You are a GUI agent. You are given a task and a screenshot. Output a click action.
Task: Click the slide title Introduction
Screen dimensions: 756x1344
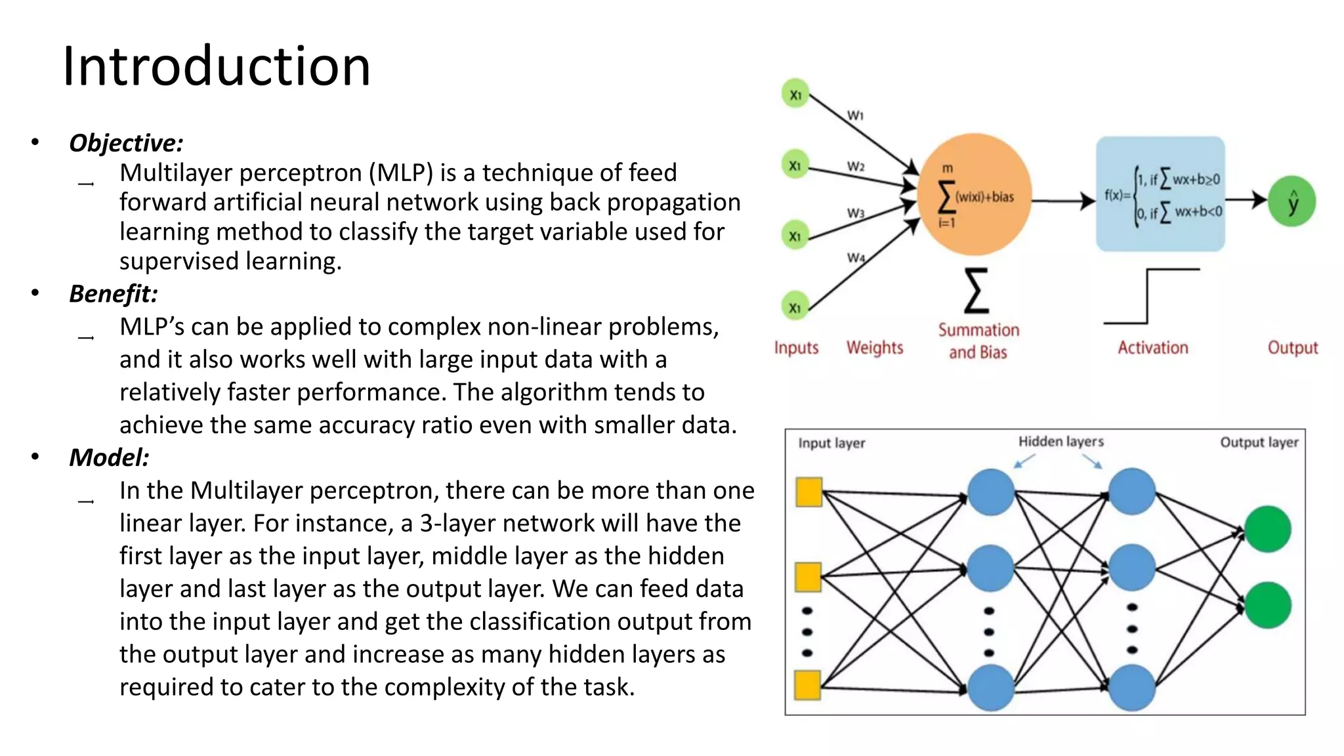(x=217, y=66)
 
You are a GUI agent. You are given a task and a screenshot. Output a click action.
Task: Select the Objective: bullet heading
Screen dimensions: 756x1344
(x=126, y=143)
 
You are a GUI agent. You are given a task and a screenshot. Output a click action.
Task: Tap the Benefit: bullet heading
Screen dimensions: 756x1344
(x=114, y=294)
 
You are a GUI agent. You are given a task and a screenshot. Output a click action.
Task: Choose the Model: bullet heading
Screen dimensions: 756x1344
(x=109, y=457)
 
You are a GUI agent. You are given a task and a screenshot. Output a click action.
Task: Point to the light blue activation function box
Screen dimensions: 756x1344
(x=1160, y=194)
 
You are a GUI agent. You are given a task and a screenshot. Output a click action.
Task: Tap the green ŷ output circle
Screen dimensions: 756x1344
(x=1291, y=201)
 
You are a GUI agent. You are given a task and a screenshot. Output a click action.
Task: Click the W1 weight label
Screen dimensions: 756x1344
(x=855, y=115)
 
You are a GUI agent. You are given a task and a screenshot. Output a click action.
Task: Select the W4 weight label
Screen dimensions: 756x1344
(x=856, y=258)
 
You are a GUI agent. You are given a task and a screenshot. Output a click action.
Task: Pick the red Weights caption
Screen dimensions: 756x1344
(x=875, y=348)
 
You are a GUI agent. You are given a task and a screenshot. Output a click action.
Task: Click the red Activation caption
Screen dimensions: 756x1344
(x=1153, y=348)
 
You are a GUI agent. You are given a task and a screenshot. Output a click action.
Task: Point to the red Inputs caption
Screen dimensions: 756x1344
(x=796, y=348)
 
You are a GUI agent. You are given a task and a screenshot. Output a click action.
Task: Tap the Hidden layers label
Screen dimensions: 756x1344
(x=1060, y=442)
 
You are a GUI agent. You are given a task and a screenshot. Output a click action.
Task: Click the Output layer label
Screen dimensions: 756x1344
(x=1259, y=442)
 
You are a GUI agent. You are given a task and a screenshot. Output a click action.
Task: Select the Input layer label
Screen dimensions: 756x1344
(x=831, y=443)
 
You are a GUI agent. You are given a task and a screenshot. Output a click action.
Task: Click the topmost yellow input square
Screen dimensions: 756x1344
(x=808, y=492)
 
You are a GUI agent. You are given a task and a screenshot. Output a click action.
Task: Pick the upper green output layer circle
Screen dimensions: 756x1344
(x=1267, y=529)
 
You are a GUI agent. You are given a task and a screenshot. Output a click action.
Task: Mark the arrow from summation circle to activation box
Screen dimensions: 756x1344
(x=1063, y=201)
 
